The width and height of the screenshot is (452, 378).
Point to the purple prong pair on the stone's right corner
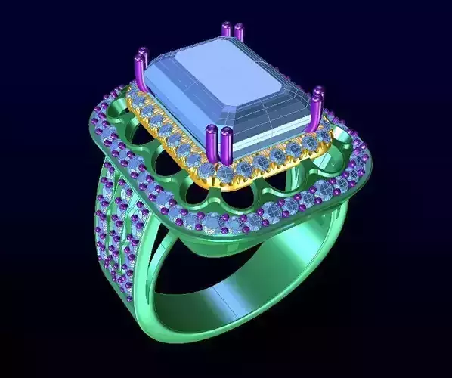(317, 106)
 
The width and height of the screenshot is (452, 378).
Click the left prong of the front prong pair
(212, 145)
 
